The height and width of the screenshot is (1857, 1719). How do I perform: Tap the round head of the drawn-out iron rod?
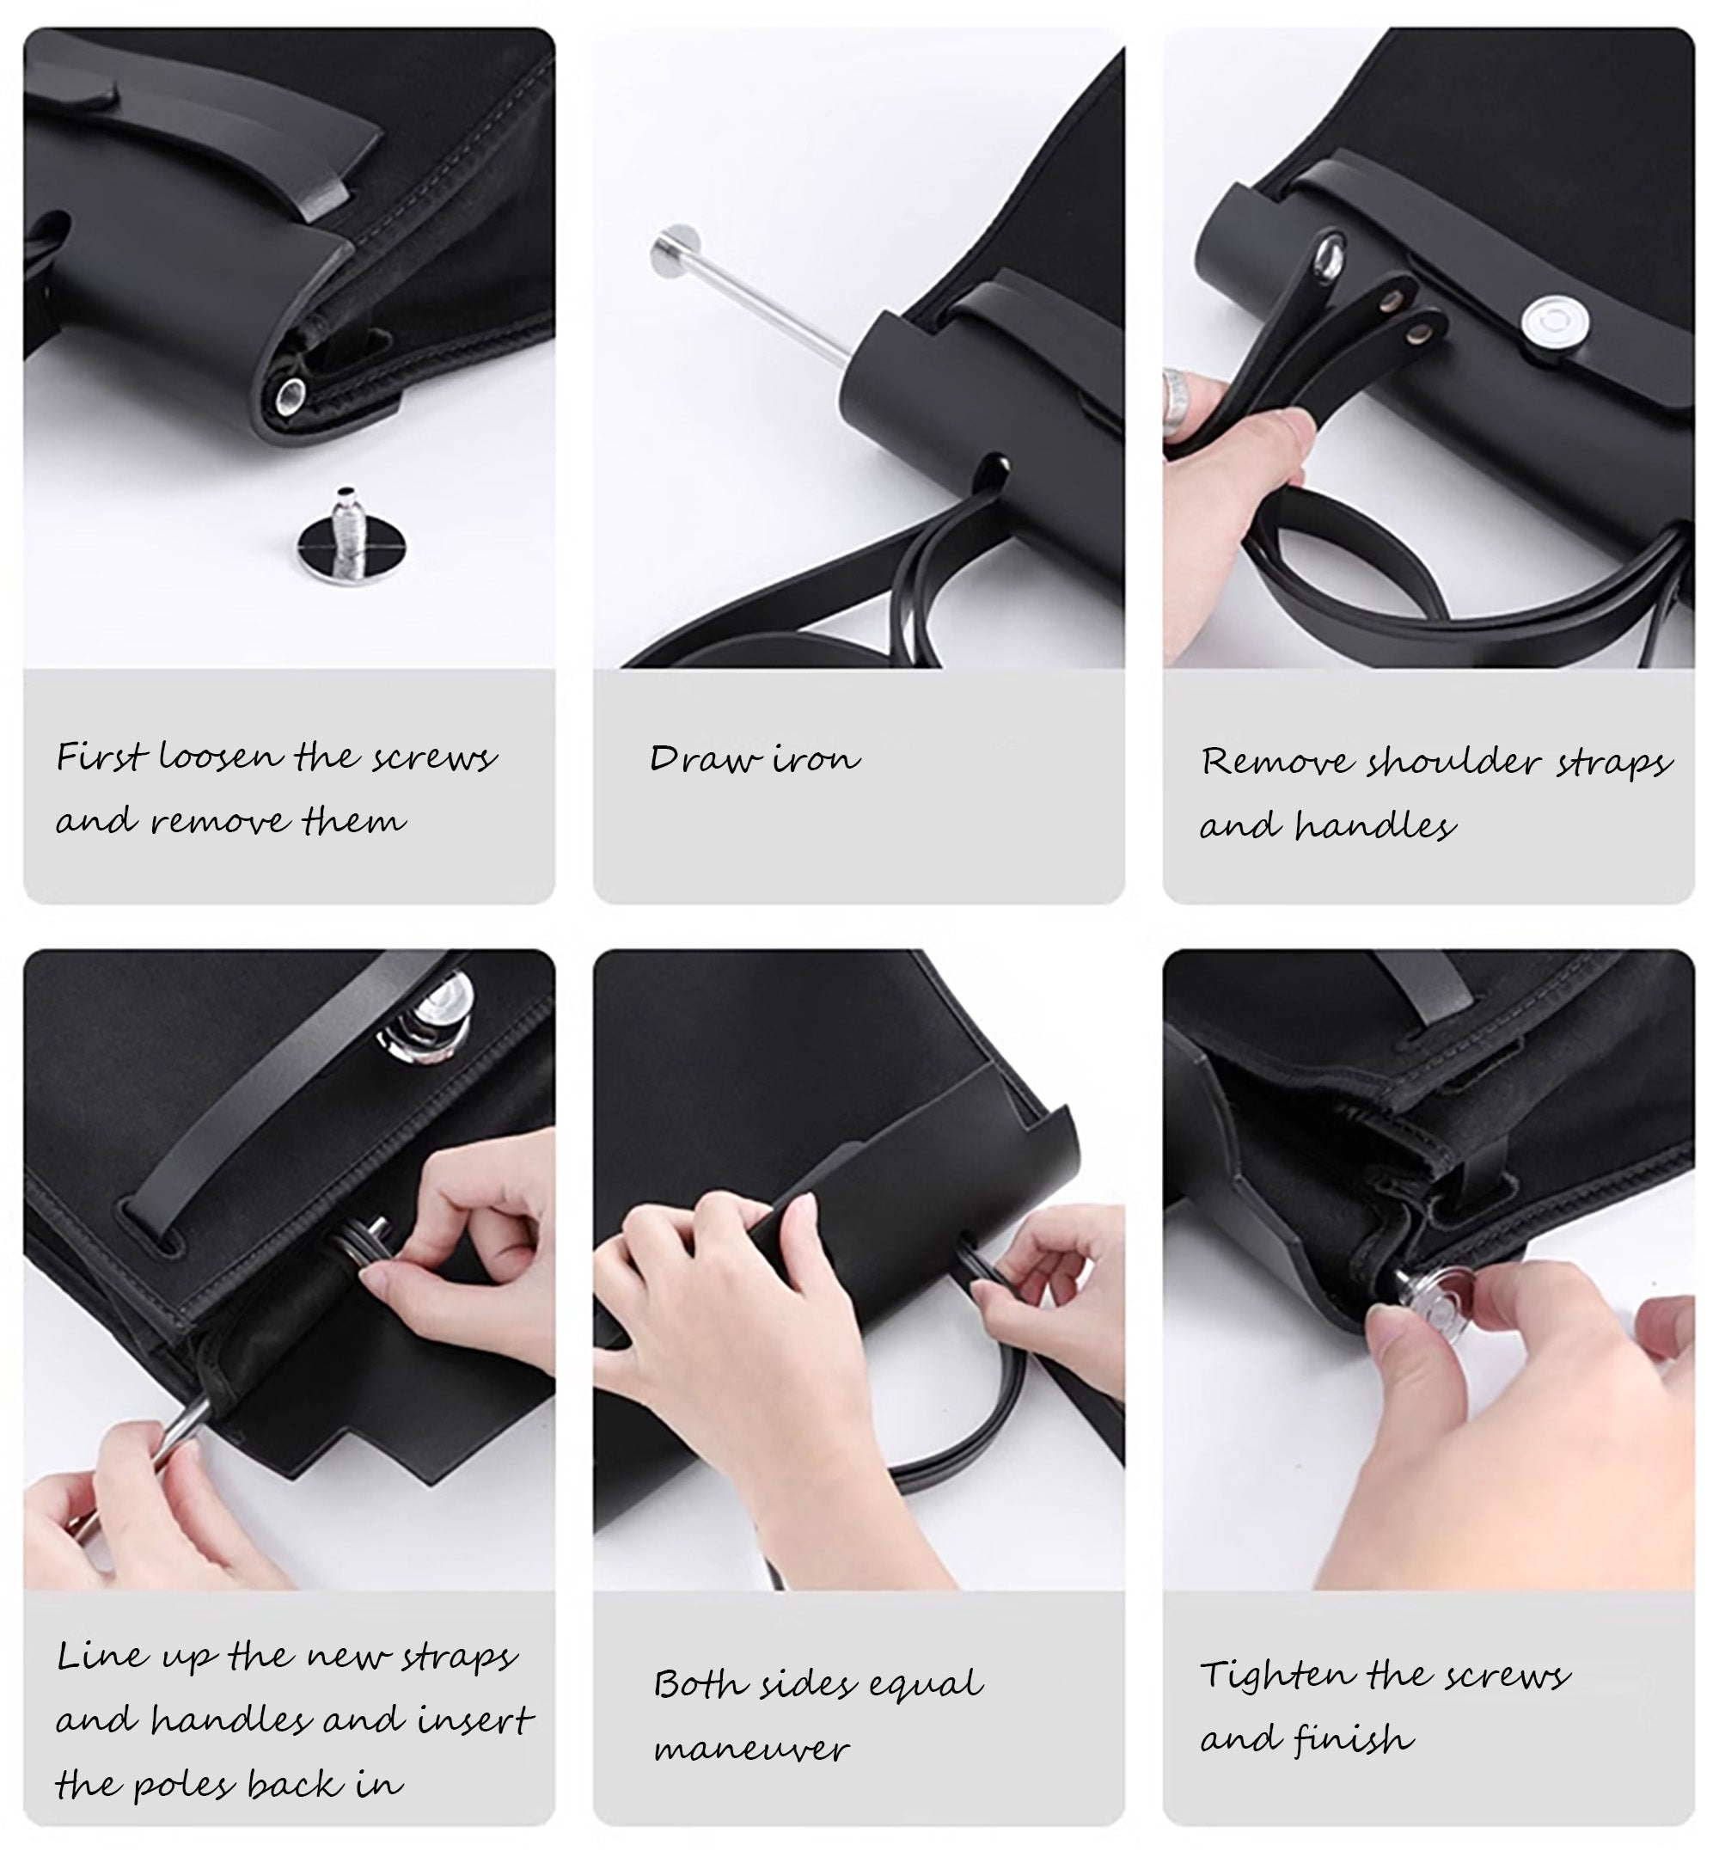(677, 250)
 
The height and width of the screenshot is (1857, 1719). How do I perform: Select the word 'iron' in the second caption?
(817, 759)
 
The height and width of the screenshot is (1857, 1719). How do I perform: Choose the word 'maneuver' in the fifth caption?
(751, 1749)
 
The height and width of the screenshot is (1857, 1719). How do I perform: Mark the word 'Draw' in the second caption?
(705, 758)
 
